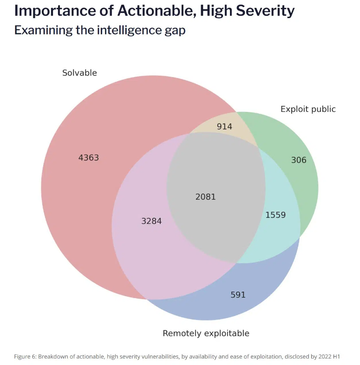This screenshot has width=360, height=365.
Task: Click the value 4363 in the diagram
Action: tap(89, 157)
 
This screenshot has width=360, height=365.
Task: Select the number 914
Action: tap(224, 126)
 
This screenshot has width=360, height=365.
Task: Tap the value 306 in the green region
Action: tap(299, 160)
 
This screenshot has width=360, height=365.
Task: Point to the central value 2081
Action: tap(206, 197)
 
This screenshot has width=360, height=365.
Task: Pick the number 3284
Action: tap(151, 221)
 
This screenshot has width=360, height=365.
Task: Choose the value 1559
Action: tap(275, 215)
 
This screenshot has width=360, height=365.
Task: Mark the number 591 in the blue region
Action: tap(238, 295)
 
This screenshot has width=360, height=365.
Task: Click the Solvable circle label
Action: tap(79, 72)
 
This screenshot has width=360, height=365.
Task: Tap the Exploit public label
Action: tap(308, 109)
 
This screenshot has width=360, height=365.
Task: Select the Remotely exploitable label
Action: tap(206, 333)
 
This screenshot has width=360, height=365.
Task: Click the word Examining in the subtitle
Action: tap(40, 30)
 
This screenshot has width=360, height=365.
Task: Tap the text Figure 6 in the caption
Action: tap(25, 357)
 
